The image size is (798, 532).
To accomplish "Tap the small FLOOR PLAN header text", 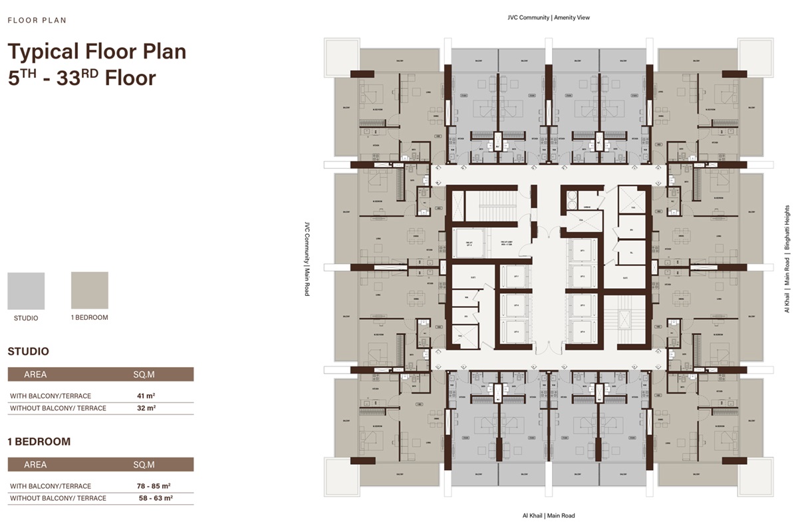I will pos(37,21).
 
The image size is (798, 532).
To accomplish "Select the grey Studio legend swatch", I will pos(26,291).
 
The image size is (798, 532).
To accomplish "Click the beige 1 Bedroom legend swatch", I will pos(90,291).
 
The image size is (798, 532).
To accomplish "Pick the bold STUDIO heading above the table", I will pos(28,351).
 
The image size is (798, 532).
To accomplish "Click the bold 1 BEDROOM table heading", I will pos(39,442).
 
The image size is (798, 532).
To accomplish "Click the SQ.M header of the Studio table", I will pos(144,374).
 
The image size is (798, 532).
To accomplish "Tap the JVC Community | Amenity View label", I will pos(549,17).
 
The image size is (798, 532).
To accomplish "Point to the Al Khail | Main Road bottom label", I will pos(549,515).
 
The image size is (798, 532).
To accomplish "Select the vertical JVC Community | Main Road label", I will pos(307,257).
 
